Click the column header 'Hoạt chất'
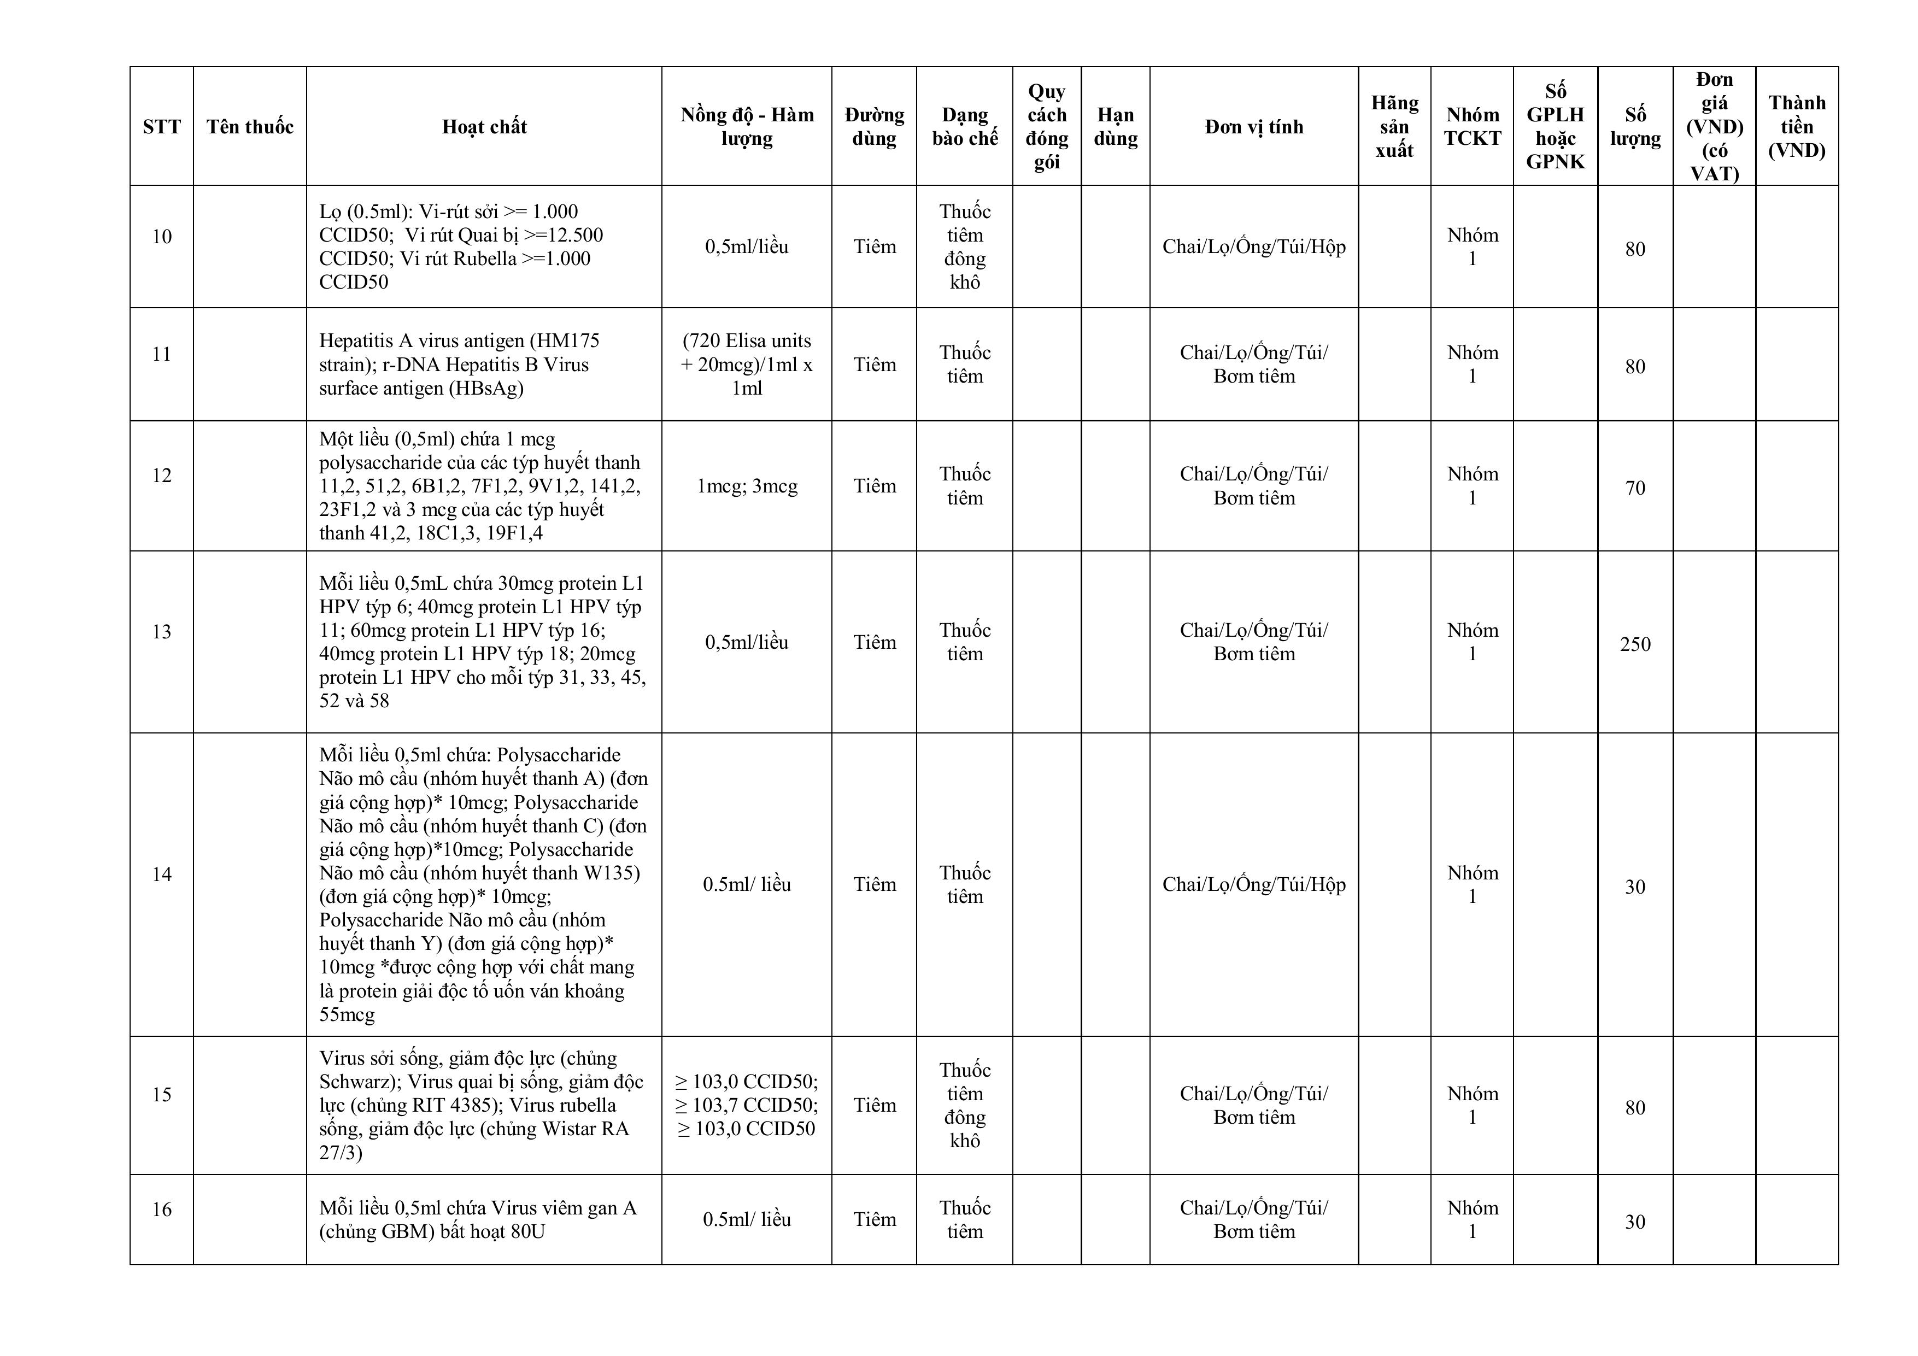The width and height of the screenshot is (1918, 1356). point(484,127)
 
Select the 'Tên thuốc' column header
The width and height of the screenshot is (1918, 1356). point(250,127)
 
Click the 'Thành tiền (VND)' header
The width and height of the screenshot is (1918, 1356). point(1796,127)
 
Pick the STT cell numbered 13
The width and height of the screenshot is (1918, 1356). point(161,632)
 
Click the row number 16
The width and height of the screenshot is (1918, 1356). point(161,1209)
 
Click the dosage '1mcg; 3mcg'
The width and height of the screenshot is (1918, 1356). point(747,486)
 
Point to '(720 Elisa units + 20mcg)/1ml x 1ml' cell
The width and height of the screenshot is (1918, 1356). point(747,364)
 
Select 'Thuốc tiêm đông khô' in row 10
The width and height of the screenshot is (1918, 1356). point(964,246)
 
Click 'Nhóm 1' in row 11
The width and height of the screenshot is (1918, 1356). point(1472,364)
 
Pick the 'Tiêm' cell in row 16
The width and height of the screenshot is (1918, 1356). point(874,1220)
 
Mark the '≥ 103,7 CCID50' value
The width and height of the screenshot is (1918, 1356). point(747,1105)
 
